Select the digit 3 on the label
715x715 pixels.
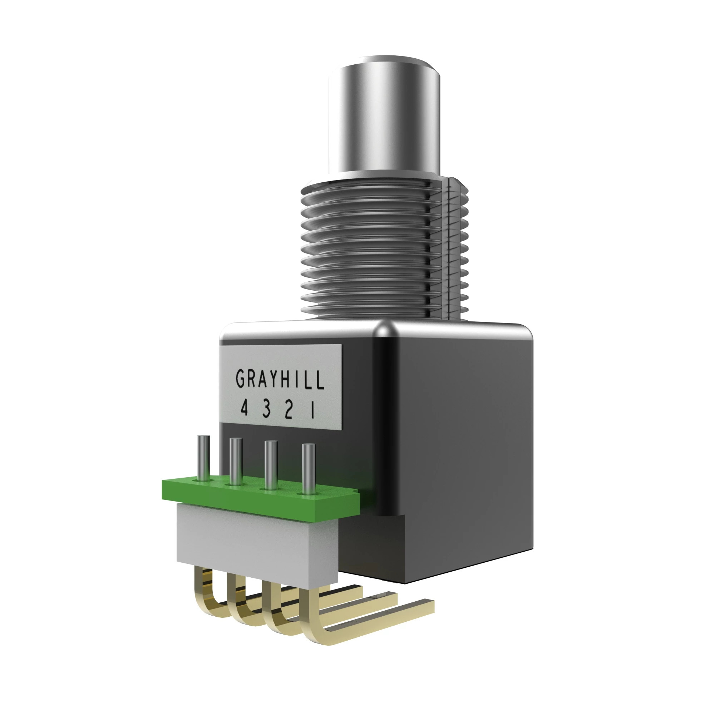pos(266,410)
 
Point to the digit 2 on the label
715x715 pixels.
pos(289,411)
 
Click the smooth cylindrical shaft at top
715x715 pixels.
pos(385,122)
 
